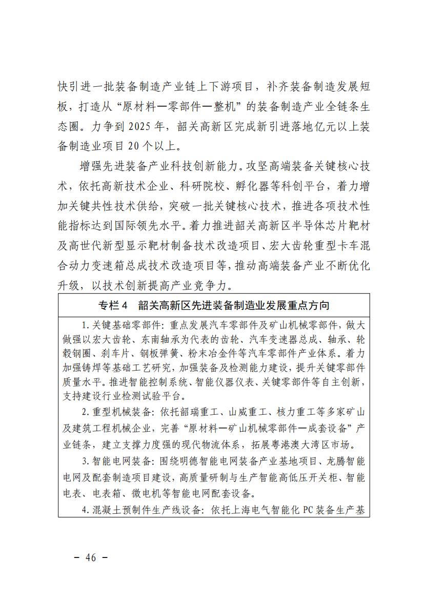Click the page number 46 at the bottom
coord(91,558)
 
